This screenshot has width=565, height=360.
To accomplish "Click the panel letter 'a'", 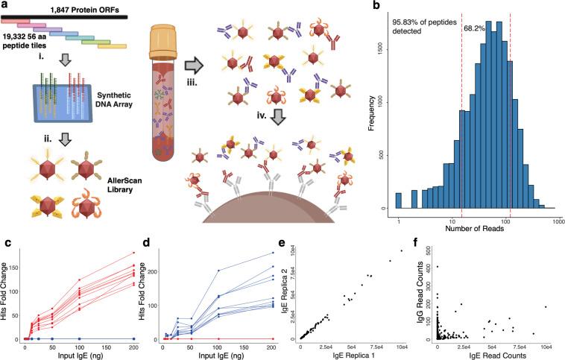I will tap(4, 6).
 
